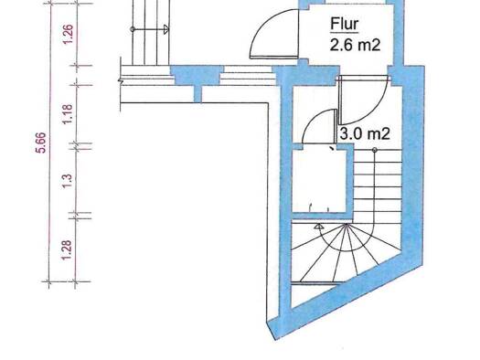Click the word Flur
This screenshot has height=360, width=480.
[345, 25]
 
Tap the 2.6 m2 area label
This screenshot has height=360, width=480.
[355, 46]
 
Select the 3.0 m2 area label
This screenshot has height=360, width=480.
[365, 133]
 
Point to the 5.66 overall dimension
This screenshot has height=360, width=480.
[42, 143]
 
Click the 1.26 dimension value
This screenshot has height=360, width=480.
[69, 34]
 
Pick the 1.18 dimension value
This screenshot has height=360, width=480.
[68, 114]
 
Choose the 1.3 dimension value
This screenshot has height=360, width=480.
[68, 181]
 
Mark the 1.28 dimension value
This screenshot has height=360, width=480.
[67, 249]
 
